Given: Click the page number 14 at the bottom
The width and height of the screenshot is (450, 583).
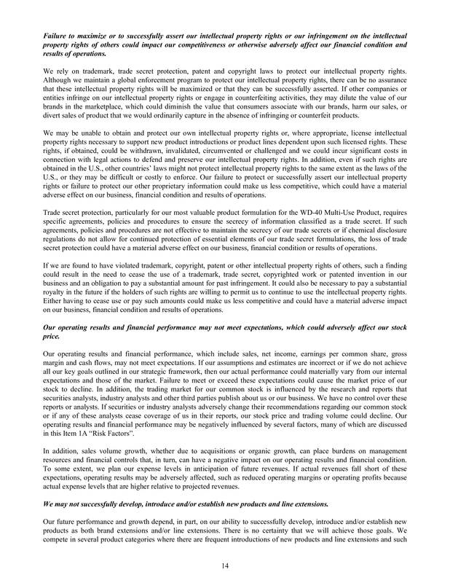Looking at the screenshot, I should pos(225,564).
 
